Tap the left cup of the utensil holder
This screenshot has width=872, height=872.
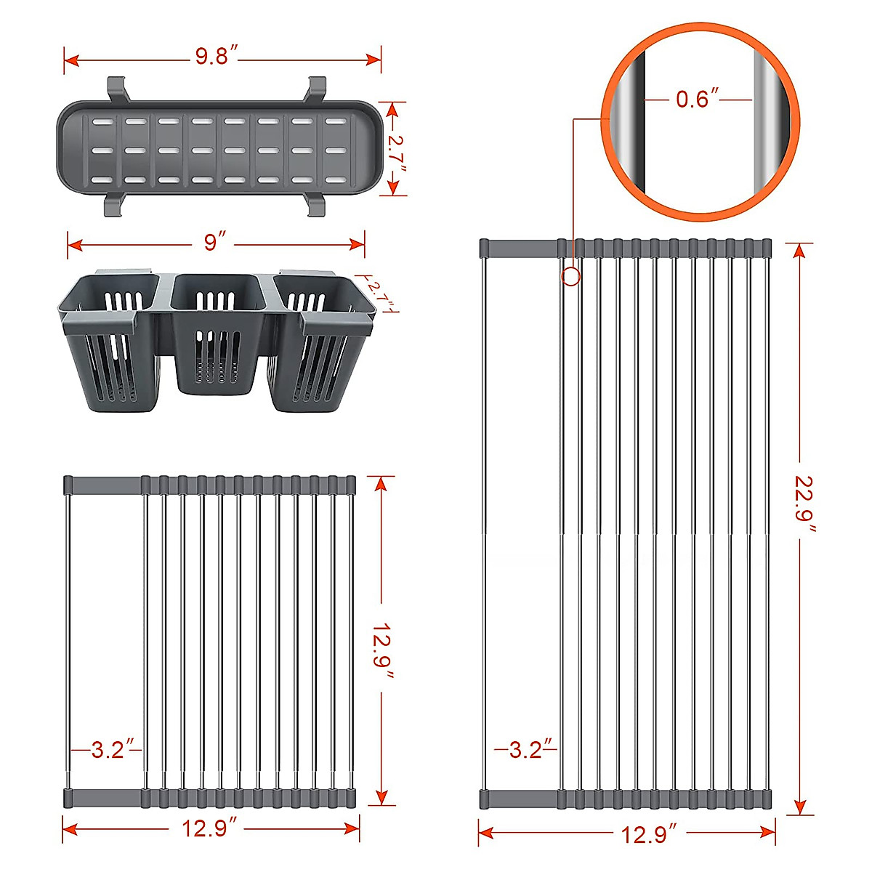coord(109,342)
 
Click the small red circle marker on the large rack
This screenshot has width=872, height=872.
coord(571,276)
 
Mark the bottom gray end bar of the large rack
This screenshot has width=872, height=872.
coord(625,799)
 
